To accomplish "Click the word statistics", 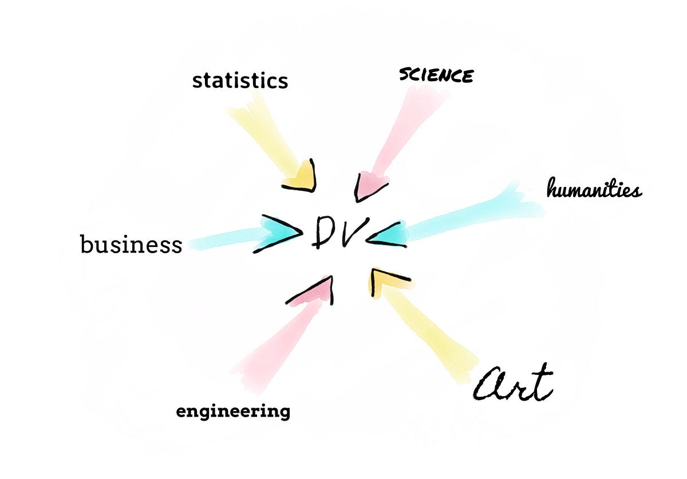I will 240,81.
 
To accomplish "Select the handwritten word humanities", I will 594,189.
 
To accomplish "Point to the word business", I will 131,245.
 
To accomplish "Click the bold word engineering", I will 233,411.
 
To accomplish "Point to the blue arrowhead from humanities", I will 390,233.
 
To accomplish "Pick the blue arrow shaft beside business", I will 223,240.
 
